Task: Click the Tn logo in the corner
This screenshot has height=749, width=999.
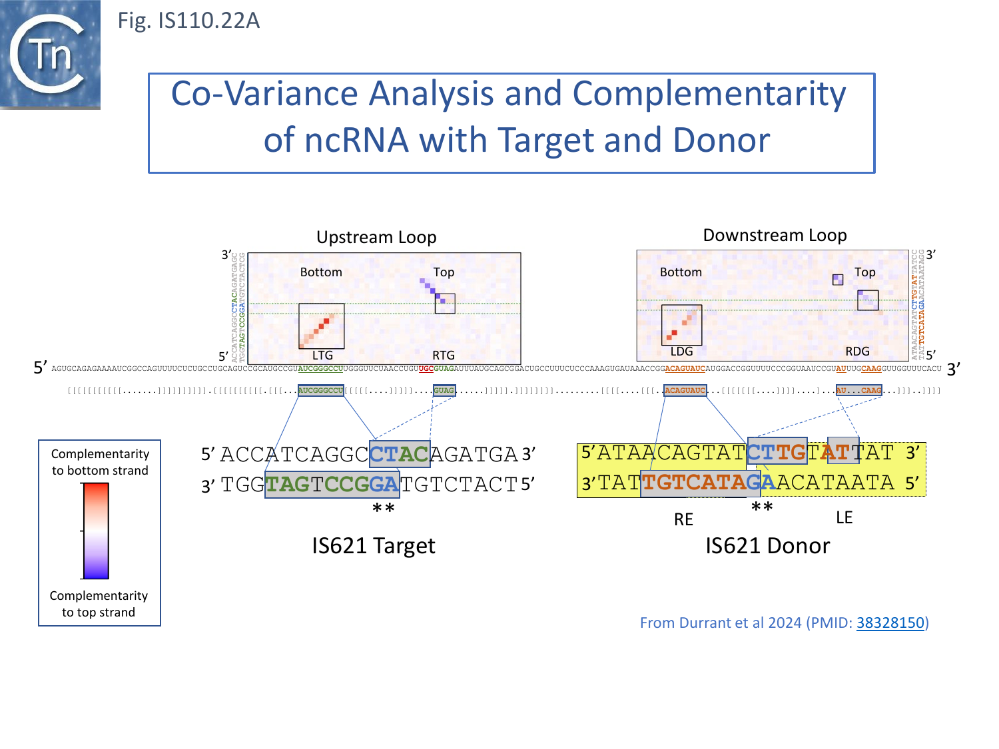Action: coord(50,54)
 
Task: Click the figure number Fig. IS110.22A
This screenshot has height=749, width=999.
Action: coord(188,21)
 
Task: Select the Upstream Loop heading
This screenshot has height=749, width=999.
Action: coord(376,237)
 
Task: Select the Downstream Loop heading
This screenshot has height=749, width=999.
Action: coord(775,235)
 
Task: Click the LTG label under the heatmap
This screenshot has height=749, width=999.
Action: coord(322,356)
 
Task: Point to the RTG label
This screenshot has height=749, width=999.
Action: coord(444,356)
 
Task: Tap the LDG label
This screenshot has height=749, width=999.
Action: coord(681,352)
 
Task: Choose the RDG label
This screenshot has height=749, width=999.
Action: coord(857,352)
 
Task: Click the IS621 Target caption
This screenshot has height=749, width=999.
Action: coord(373,546)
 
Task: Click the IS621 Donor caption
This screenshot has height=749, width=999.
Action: coord(767,546)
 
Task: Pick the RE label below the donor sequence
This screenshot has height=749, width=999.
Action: coord(683,519)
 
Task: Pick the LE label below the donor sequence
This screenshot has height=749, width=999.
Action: coord(844,517)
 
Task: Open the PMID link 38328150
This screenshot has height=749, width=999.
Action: coord(890,623)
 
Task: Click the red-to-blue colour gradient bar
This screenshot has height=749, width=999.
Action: coord(95,531)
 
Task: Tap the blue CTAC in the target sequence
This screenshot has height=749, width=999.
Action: coord(399,454)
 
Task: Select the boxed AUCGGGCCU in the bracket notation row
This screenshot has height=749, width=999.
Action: coord(320,391)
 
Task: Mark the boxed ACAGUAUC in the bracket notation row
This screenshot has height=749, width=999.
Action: coord(685,391)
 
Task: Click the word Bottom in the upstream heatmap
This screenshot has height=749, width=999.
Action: coord(321,272)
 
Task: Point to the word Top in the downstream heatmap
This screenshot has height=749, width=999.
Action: coord(864,272)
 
